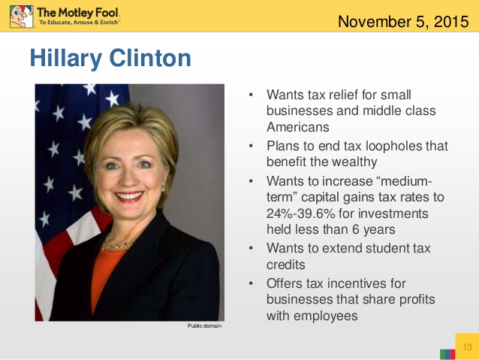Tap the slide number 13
point(466,347)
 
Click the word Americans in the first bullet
point(297,127)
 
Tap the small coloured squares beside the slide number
point(448,352)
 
